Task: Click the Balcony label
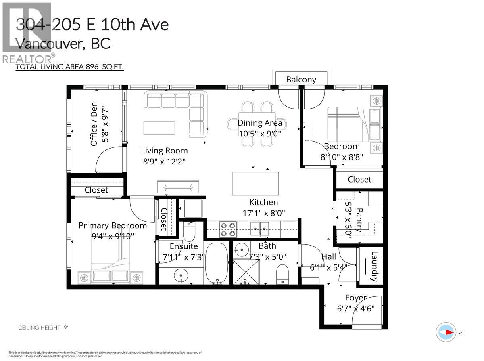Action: (301, 80)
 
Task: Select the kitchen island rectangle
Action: (255, 184)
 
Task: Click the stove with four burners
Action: (227, 229)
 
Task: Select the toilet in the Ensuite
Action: (189, 231)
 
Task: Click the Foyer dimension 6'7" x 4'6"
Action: (356, 309)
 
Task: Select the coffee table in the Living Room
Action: (159, 128)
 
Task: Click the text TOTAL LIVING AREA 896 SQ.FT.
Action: (69, 67)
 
